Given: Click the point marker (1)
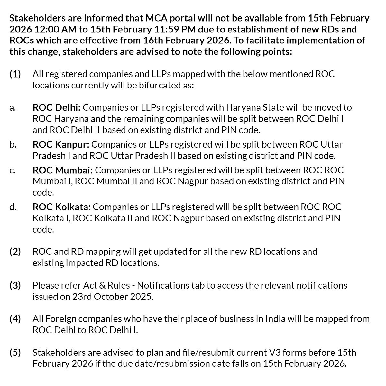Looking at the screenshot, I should click(x=15, y=74).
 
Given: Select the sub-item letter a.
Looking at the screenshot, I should click(x=12, y=108).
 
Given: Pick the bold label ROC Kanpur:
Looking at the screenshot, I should click(x=61, y=144).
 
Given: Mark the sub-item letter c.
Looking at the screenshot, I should click(x=12, y=170).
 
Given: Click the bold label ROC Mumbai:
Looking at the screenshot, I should click(x=63, y=170).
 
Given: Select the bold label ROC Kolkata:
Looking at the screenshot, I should click(x=62, y=207).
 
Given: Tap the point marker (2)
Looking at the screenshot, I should click(x=15, y=252).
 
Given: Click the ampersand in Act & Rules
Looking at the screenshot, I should click(x=99, y=285).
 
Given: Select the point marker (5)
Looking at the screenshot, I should click(x=15, y=353).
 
